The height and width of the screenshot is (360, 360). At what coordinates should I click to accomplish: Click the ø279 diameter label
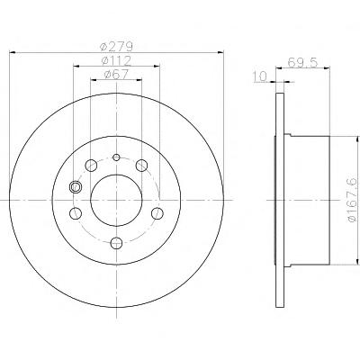[116, 47]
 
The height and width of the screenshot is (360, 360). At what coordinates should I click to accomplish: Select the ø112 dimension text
[116, 61]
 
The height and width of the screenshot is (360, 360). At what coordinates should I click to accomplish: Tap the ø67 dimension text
[116, 75]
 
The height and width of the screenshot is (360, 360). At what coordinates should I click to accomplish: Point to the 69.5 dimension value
[302, 63]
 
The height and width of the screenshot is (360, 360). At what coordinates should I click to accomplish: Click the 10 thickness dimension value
[260, 76]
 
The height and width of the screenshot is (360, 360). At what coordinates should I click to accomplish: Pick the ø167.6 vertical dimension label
[352, 200]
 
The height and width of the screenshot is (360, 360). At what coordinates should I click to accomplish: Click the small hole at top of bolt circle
[116, 157]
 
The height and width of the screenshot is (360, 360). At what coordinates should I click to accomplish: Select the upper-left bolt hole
[91, 166]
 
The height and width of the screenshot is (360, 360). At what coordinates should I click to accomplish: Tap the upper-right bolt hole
[141, 166]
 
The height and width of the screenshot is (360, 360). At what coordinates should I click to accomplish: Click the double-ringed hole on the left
[75, 187]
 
